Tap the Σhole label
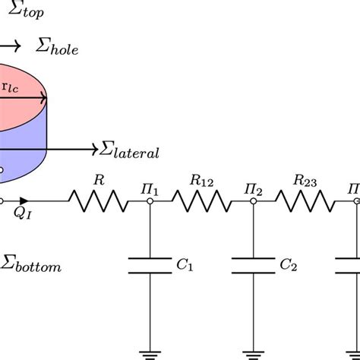coord(57,49)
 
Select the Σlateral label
coord(130,151)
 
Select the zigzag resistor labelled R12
coord(201,201)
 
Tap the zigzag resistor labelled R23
coord(304,201)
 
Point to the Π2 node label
coord(254,187)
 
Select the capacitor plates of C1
coord(150,265)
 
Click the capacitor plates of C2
coord(252,265)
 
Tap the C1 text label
coord(185,266)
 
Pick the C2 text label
coord(287,266)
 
